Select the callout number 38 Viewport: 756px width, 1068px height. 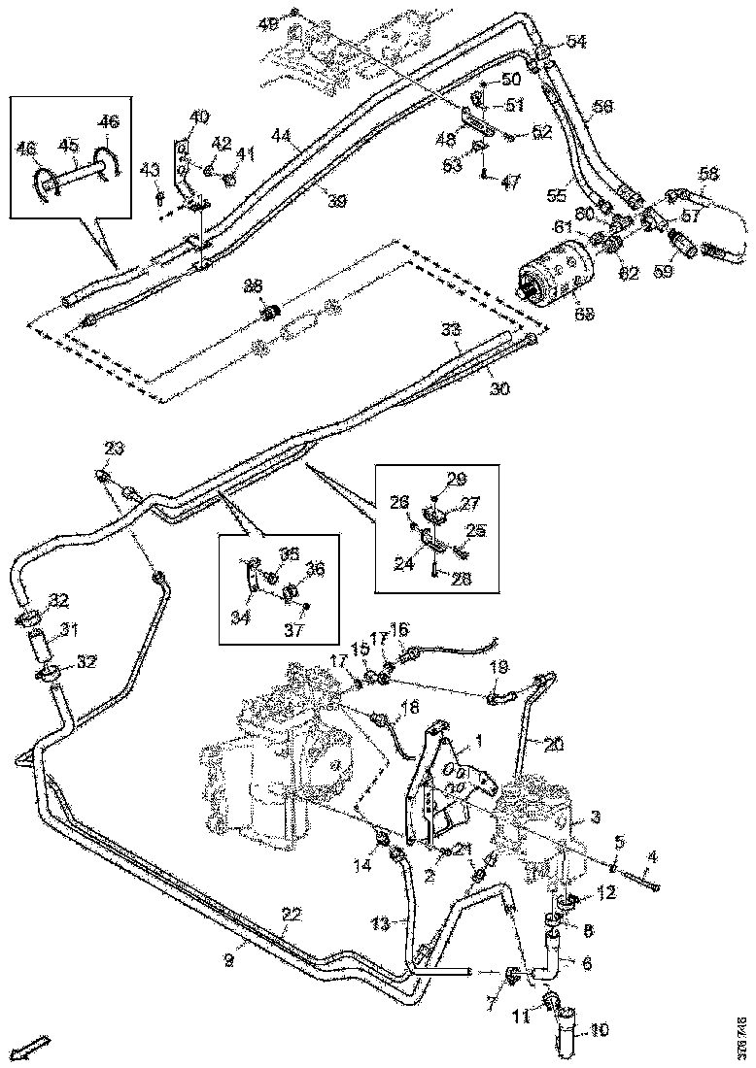coord(253,286)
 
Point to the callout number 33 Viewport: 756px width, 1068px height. coord(450,330)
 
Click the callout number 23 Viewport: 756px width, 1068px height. coord(115,448)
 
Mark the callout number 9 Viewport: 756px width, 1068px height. coord(229,960)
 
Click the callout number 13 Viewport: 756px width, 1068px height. coord(383,919)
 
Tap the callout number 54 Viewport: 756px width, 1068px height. coord(576,42)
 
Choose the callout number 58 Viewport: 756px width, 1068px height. coord(708,173)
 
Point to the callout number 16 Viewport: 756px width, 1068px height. coord(398,629)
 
